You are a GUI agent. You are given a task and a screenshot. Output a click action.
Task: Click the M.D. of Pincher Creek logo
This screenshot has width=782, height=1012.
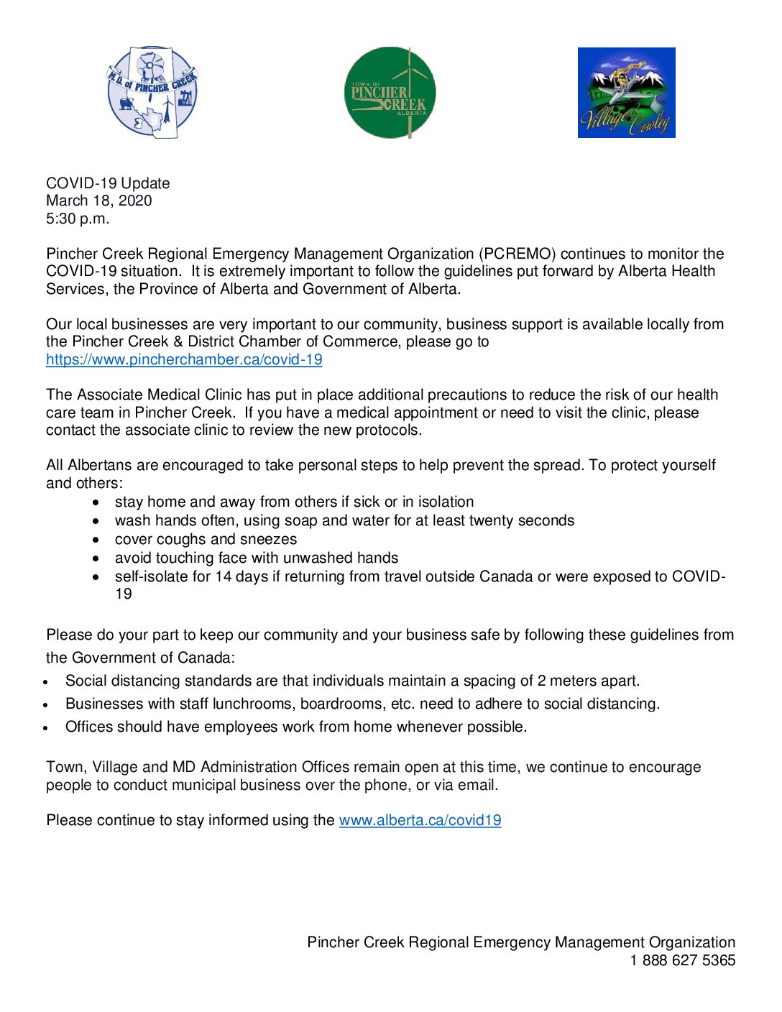(x=152, y=93)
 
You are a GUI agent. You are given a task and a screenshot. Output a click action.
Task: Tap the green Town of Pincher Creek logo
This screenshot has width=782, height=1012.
(x=390, y=93)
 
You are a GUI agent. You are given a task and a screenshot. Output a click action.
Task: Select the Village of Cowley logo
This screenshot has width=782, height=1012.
(x=626, y=93)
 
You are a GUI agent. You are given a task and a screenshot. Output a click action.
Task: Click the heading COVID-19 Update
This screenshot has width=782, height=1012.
(x=108, y=183)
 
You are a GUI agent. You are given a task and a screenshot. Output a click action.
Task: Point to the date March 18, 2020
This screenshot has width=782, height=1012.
(x=99, y=201)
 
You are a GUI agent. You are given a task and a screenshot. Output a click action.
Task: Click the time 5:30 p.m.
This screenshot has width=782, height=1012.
(x=78, y=218)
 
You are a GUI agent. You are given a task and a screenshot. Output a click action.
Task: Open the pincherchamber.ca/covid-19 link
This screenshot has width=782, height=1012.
(x=184, y=359)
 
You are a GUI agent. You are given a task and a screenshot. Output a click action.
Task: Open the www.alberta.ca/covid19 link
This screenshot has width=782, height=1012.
(x=420, y=820)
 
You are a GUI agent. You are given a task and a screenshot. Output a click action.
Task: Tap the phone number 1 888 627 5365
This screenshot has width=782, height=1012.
(x=682, y=960)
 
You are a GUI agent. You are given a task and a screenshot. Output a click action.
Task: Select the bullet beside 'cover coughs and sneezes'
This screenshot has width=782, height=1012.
(x=96, y=539)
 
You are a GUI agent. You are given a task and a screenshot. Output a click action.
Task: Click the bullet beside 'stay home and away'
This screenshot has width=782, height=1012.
(x=96, y=502)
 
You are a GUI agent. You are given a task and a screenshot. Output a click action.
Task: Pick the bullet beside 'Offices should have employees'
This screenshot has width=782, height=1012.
(x=46, y=727)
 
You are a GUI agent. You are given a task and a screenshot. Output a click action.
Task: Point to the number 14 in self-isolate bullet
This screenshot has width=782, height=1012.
(x=223, y=576)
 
